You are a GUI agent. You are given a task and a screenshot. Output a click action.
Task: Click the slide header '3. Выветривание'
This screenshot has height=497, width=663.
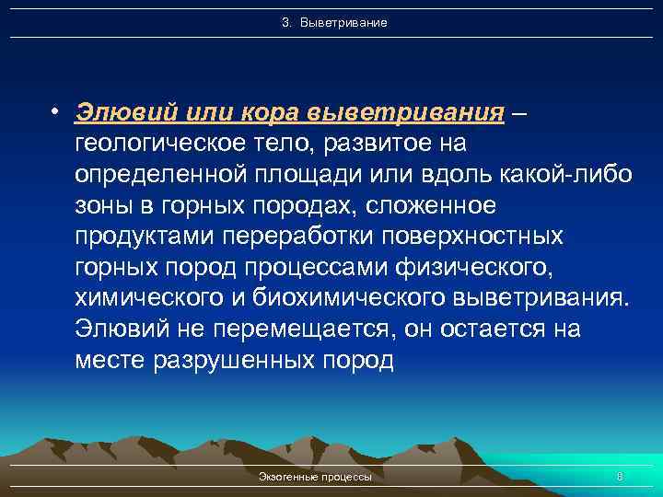click(334, 21)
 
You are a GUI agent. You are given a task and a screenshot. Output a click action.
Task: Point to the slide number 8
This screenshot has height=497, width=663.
click(620, 477)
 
